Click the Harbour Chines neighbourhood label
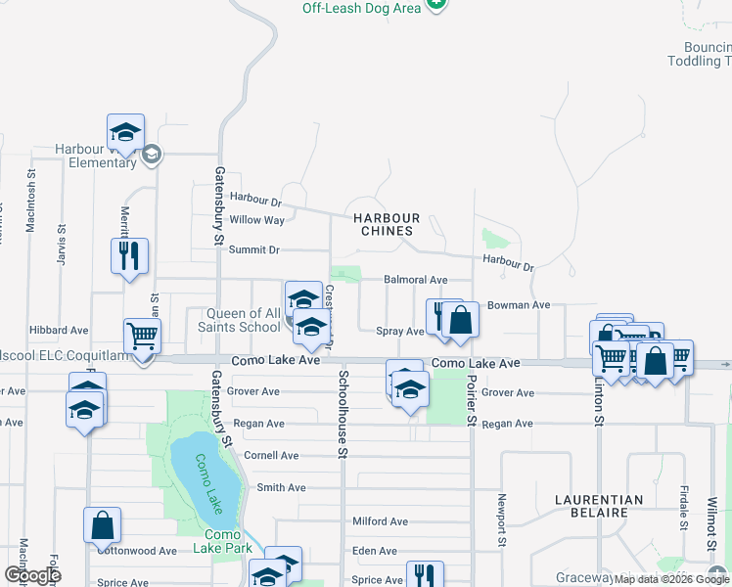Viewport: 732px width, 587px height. coord(387,224)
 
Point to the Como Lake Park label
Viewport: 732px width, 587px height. coord(229,541)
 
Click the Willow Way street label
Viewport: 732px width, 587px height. coord(256,220)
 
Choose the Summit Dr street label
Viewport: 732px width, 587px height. coord(253,249)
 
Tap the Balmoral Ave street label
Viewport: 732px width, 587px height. coord(415,280)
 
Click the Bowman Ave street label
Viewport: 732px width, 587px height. coord(519,305)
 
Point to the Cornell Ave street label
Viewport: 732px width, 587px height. coord(271,455)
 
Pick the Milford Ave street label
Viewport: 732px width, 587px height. coord(380,521)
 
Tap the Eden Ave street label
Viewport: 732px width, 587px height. coord(374,551)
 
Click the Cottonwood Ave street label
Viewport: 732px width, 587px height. coord(136,551)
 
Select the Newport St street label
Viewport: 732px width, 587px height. coord(502,525)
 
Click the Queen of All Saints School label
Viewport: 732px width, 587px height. coord(243,320)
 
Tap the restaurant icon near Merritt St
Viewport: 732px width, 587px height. coord(129,257)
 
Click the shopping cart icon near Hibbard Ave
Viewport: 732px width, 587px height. coord(143,337)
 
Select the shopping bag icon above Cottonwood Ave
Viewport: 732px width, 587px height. coord(102,525)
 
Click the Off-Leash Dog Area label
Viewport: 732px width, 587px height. coord(362,8)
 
